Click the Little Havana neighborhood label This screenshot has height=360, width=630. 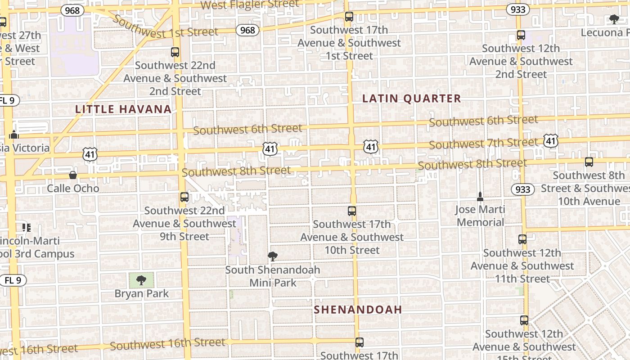(123, 109)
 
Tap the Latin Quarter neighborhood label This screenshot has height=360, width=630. (412, 99)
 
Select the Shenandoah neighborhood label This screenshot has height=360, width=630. (358, 310)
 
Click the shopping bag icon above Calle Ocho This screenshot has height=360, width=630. (72, 175)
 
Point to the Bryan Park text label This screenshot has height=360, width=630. (141, 294)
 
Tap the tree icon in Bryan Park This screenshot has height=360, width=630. (141, 280)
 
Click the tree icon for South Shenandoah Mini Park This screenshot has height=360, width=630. (272, 256)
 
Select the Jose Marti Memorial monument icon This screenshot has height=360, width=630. (480, 197)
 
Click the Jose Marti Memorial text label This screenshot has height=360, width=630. (480, 216)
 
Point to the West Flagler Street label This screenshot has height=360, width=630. (249, 5)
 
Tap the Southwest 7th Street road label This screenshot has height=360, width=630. (483, 144)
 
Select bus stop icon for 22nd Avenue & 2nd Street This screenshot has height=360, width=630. (175, 52)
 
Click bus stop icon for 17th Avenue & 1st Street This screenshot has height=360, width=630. (349, 17)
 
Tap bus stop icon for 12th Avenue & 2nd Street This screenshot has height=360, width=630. (521, 35)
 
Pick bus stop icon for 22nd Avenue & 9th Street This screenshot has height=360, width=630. (184, 197)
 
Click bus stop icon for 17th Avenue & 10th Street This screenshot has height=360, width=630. (352, 211)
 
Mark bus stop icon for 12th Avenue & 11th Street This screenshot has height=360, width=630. (522, 239)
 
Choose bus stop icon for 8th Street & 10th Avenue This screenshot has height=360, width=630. (589, 162)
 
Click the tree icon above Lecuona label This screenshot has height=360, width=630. (614, 19)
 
